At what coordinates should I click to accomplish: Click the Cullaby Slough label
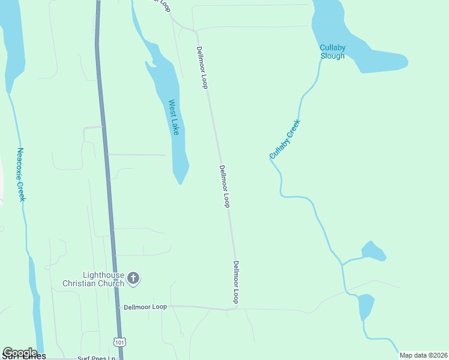(x=332, y=52)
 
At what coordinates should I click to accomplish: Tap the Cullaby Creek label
(x=285, y=139)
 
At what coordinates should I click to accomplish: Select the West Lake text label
(x=173, y=117)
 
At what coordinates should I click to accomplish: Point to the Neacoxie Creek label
(x=20, y=175)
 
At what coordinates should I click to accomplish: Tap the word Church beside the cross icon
(x=112, y=283)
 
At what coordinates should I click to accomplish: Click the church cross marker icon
(x=133, y=278)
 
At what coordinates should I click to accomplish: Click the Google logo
(x=20, y=353)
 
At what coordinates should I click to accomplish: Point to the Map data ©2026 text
(x=423, y=355)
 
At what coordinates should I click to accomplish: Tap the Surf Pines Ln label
(x=96, y=358)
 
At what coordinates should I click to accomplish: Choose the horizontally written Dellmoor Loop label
(x=145, y=307)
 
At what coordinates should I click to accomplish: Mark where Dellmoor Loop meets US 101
(x=117, y=307)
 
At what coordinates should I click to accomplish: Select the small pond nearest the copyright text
(x=365, y=306)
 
